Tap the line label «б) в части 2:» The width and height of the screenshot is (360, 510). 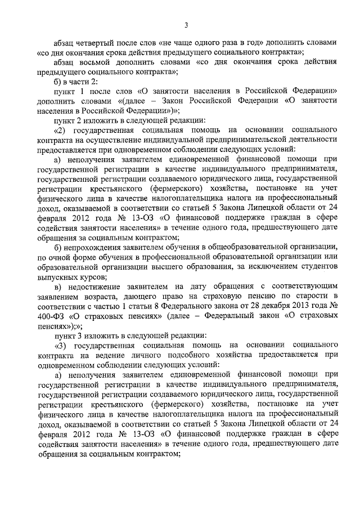pyautogui.click(x=74, y=82)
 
